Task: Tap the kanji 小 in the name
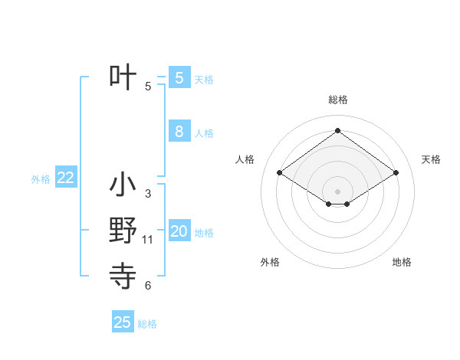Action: coord(123,186)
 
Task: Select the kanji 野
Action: coord(123,231)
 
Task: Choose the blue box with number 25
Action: coord(123,322)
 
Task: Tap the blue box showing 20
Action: coord(179,231)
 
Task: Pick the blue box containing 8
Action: coord(179,132)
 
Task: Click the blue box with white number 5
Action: coord(179,78)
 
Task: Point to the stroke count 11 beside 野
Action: coord(148,240)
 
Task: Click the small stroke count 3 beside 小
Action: coord(147,194)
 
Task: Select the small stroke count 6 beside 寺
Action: coord(147,286)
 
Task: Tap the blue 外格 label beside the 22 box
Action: coord(41,179)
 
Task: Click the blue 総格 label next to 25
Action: coord(147,324)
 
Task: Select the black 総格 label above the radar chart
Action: coord(337,100)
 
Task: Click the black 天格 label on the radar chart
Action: coord(431,159)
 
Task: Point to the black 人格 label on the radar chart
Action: coord(245,159)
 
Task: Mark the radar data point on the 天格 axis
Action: coord(396,173)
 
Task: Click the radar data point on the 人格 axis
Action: coord(280,173)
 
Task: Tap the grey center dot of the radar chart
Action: coord(337,191)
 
